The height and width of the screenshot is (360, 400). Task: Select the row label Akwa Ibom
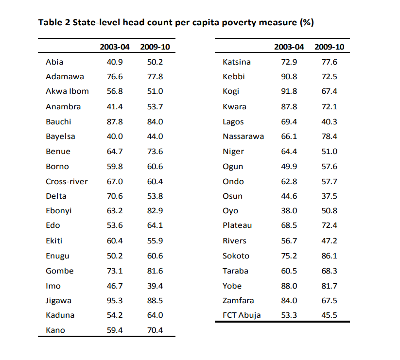pyautogui.click(x=67, y=91)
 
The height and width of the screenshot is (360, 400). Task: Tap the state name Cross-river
pyautogui.click(x=67, y=181)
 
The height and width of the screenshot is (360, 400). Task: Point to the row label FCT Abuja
pyautogui.click(x=241, y=315)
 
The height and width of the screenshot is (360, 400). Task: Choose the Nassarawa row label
pyautogui.click(x=243, y=136)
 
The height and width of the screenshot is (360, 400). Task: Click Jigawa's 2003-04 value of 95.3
pyautogui.click(x=114, y=300)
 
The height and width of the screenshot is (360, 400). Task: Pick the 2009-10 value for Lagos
pyautogui.click(x=329, y=121)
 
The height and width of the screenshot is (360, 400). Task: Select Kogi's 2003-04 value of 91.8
pyautogui.click(x=289, y=91)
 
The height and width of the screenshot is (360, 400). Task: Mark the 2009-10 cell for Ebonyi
pyautogui.click(x=155, y=211)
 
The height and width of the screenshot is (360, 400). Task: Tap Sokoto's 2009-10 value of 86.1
pyautogui.click(x=329, y=256)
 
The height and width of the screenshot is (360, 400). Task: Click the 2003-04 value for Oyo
pyautogui.click(x=289, y=211)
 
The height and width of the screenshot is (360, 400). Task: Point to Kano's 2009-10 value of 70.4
pyautogui.click(x=155, y=330)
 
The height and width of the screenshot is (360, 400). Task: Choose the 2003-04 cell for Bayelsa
pyautogui.click(x=114, y=136)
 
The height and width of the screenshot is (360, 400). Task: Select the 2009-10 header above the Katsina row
pyautogui.click(x=329, y=47)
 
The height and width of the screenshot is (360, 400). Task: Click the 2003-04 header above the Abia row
pyautogui.click(x=115, y=47)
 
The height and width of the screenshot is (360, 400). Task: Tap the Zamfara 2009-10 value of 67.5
pyautogui.click(x=329, y=300)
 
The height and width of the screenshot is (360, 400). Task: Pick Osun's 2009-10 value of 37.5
pyautogui.click(x=329, y=196)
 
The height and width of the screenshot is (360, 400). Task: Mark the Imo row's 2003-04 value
pyautogui.click(x=114, y=286)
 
